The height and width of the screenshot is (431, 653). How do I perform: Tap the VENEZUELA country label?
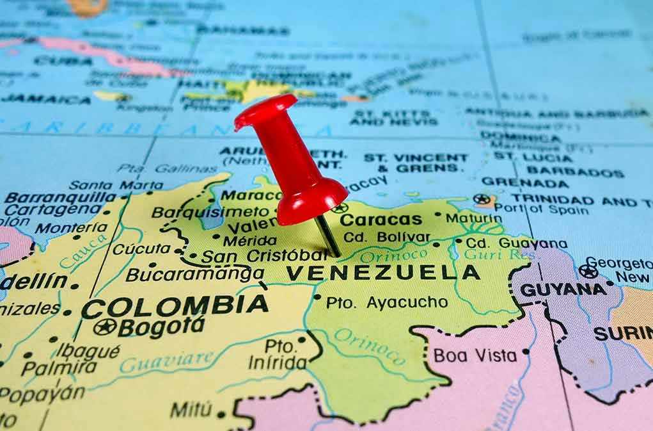pyautogui.click(x=382, y=273)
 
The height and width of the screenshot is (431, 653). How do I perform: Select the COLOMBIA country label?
pyautogui.click(x=175, y=305)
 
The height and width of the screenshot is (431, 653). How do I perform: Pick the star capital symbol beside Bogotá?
pyautogui.click(x=104, y=327)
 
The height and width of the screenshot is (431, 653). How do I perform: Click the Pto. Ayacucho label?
pyautogui.click(x=386, y=302)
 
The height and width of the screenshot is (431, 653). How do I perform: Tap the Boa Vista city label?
pyautogui.click(x=476, y=355)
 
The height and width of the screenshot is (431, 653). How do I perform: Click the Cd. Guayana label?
pyautogui.click(x=515, y=243)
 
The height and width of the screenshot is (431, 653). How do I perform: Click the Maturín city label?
pyautogui.click(x=474, y=218)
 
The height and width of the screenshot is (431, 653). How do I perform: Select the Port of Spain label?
pyautogui.click(x=541, y=209)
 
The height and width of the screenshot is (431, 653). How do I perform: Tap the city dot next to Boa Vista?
pyautogui.click(x=526, y=352)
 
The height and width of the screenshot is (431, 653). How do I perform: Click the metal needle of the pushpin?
pyautogui.click(x=328, y=236)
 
